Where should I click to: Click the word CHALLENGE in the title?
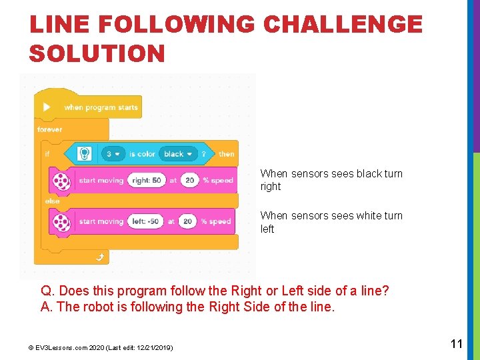pos(343,25)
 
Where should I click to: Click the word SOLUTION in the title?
pos(97,53)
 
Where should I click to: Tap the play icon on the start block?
pos(46,107)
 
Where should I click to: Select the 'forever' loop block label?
pos(49,129)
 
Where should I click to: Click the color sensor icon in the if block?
pos(85,154)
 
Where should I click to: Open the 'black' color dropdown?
pos(178,154)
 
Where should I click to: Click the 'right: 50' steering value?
pos(146,180)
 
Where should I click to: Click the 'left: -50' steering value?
pos(145,221)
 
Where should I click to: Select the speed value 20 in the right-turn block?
pos(190,180)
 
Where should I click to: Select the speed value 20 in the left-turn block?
pos(187,221)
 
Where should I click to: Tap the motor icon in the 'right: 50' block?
pos(61,181)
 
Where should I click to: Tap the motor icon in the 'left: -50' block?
pos(61,221)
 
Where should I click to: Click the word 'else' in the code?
pos(52,201)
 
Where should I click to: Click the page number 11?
pos(457,344)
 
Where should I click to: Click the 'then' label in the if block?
pos(227,154)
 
